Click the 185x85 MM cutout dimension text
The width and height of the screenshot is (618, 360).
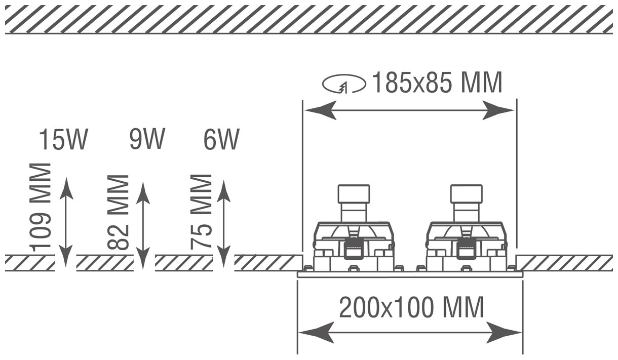coord(437,83)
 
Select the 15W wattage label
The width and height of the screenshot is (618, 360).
coord(63,140)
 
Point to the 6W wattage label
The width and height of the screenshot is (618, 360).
coord(221,140)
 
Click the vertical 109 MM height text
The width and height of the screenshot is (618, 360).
coord(41,207)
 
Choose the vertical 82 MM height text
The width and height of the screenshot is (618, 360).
coord(119,212)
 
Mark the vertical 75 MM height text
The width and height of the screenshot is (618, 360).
coord(201,211)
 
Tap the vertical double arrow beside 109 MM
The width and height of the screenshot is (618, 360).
coord(66,222)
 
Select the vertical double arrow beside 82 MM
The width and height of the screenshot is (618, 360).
coord(144,225)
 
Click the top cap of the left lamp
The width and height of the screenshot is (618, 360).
coord(354,193)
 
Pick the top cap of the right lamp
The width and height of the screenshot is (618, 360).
coord(466,193)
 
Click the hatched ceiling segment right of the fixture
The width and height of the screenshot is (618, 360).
coord(564,263)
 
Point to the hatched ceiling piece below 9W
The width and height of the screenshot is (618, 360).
coord(105,263)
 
